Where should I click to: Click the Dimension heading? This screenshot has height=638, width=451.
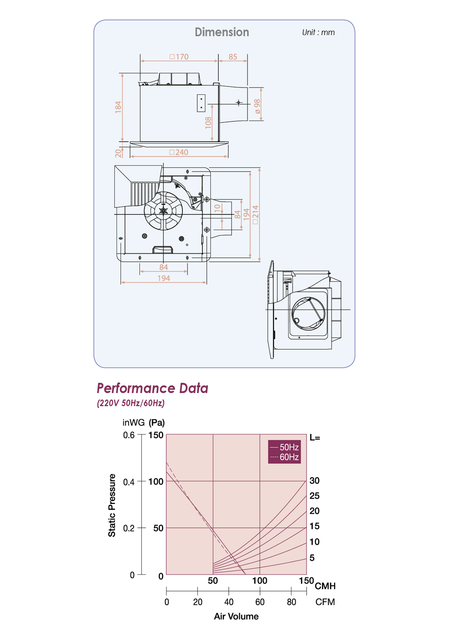pyautogui.click(x=222, y=32)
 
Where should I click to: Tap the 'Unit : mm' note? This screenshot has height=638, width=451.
pyautogui.click(x=318, y=33)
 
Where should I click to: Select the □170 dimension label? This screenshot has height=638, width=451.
pyautogui.click(x=179, y=57)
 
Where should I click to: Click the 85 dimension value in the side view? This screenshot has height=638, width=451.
pyautogui.click(x=233, y=57)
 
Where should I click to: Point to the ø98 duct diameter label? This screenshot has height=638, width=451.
pyautogui.click(x=257, y=106)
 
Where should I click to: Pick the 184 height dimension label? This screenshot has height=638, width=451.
pyautogui.click(x=118, y=107)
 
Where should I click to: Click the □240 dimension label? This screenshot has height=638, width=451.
pyautogui.click(x=179, y=152)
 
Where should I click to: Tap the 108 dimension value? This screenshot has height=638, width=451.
pyautogui.click(x=208, y=123)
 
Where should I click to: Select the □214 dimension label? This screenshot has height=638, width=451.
pyautogui.click(x=256, y=215)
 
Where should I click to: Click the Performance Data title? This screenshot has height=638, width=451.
pyautogui.click(x=152, y=388)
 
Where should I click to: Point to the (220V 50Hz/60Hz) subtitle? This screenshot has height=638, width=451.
pyautogui.click(x=131, y=403)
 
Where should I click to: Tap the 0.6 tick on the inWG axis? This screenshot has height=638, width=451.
pyautogui.click(x=129, y=435)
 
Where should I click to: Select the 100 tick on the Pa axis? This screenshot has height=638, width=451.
pyautogui.click(x=156, y=481)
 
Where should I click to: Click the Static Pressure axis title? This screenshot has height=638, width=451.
pyautogui.click(x=112, y=505)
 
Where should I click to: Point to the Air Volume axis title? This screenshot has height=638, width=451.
pyautogui.click(x=236, y=616)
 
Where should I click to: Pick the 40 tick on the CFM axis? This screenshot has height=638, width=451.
pyautogui.click(x=229, y=602)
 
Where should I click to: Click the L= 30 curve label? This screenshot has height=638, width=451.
pyautogui.click(x=314, y=481)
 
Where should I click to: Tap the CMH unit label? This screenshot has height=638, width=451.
pyautogui.click(x=325, y=586)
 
